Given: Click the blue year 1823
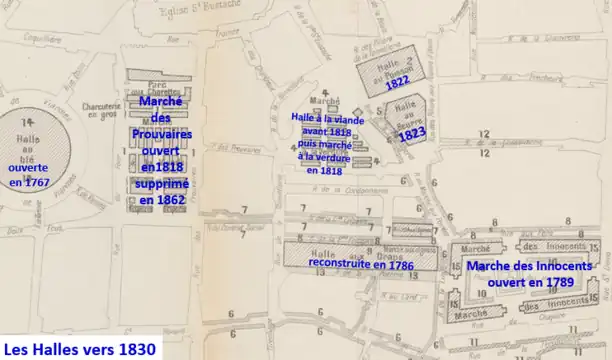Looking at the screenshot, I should point(412,133).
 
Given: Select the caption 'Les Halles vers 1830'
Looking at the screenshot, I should point(81,349).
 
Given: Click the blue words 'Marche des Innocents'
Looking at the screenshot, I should point(530,266).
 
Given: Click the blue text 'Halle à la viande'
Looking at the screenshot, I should point(328,118).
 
